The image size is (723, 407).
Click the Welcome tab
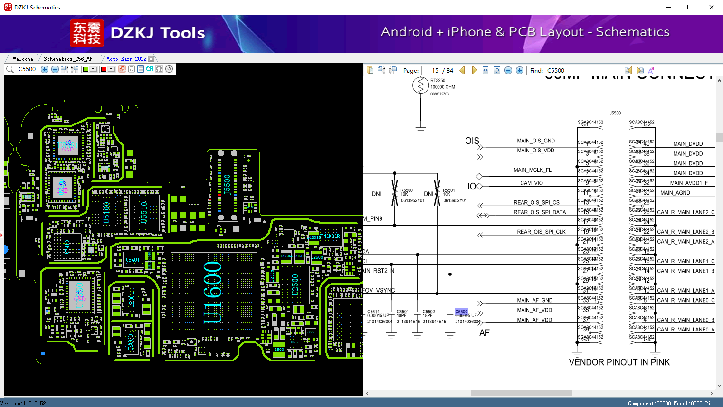(23, 59)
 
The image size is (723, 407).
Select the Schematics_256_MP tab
(68, 59)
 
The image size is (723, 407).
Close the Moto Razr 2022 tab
(151, 59)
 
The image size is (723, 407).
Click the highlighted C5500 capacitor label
(461, 312)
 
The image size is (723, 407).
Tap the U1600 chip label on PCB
(213, 293)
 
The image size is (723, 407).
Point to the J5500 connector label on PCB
(227, 185)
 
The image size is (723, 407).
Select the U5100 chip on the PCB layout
(106, 212)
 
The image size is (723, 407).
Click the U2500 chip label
(295, 284)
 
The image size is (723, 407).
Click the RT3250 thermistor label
(438, 81)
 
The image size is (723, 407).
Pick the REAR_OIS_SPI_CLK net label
(541, 232)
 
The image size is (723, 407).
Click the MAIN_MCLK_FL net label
(533, 170)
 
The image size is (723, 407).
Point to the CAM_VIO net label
(531, 183)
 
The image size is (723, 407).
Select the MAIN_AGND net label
(675, 193)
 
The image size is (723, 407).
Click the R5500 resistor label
(407, 190)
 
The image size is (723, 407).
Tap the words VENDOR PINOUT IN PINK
(619, 362)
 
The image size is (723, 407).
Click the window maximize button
(690, 7)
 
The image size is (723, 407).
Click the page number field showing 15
(431, 70)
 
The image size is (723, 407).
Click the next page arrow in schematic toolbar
(474, 70)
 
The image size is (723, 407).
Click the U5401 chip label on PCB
(133, 260)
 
